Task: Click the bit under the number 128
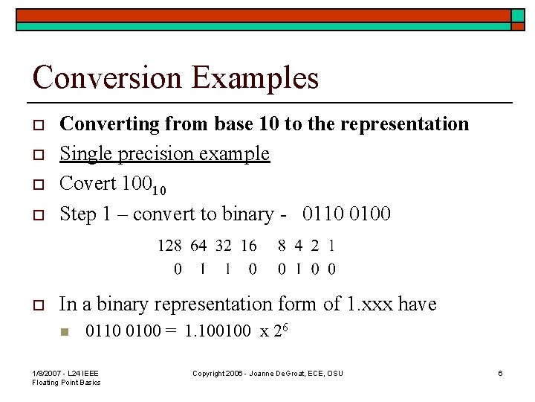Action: coord(177,269)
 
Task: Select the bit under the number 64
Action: coord(202,269)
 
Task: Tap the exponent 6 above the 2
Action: coord(285,327)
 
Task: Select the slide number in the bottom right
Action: coord(500,373)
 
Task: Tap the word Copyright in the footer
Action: coord(210,373)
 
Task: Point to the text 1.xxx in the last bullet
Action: coord(369,304)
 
